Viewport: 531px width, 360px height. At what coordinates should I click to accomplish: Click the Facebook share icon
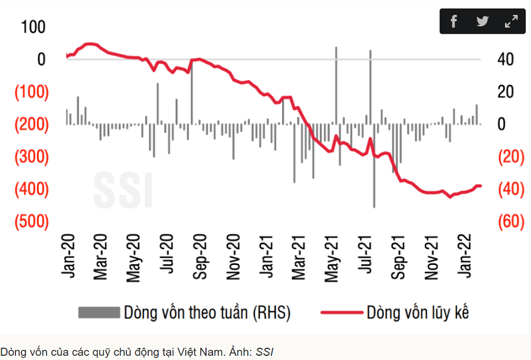pos(454,22)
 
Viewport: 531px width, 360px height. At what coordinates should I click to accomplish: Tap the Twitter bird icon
pos(483,22)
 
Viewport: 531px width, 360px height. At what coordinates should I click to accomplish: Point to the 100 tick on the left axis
pos(33,27)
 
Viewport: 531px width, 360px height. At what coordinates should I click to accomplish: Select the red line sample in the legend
pos(340,312)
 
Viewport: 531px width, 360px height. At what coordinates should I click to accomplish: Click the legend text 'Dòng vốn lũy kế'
pos(418,312)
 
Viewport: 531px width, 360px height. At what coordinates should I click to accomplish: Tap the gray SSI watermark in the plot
pos(122,189)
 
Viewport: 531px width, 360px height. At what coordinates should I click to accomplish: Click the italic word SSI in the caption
pos(264,352)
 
